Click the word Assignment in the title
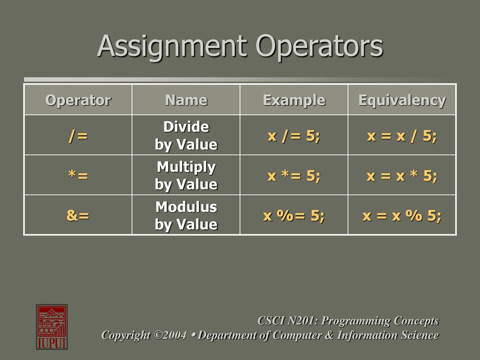click(x=172, y=47)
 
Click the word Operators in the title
click(x=319, y=47)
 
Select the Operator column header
click(x=78, y=100)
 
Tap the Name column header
click(x=186, y=100)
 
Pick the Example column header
click(x=294, y=100)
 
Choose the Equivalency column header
click(x=402, y=100)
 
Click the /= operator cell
click(x=78, y=135)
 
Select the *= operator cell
click(x=78, y=175)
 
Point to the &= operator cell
click(x=78, y=215)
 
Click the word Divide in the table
click(x=186, y=127)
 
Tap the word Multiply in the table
click(x=186, y=167)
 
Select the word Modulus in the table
click(x=186, y=207)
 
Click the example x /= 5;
click(x=293, y=135)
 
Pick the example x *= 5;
click(x=293, y=175)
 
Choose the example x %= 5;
click(x=293, y=216)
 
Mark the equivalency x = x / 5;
click(x=402, y=135)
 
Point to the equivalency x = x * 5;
click(x=402, y=175)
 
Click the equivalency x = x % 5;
click(x=402, y=216)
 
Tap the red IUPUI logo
click(x=52, y=327)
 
